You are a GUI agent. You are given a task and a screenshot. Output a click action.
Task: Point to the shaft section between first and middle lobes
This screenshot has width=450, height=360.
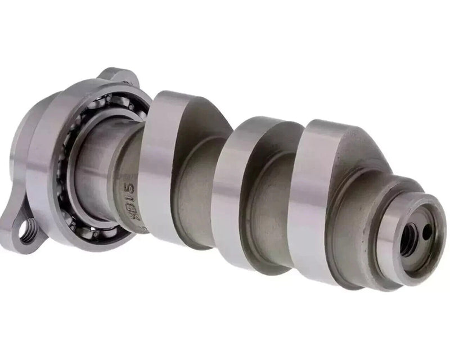click(x=194, y=186)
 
